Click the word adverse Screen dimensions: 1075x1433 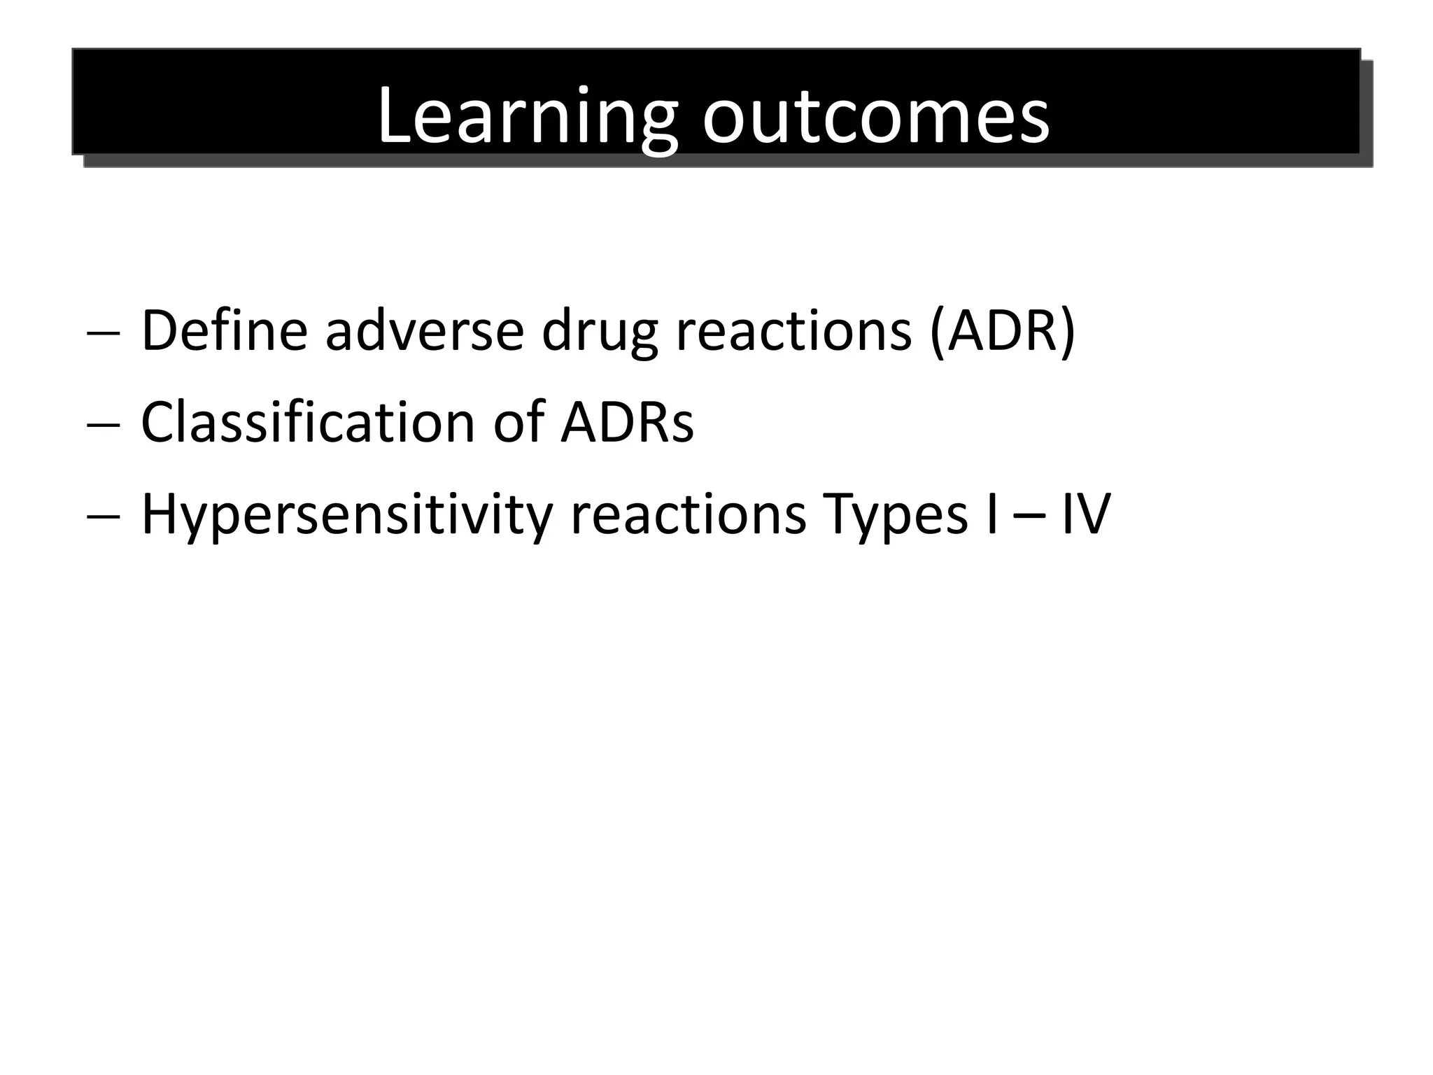[424, 330]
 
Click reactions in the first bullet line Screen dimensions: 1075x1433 [793, 330]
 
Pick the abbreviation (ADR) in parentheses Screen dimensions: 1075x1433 [1002, 330]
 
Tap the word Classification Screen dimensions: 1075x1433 [309, 422]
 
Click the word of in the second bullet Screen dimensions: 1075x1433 [518, 422]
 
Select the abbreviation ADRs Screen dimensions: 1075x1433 [627, 422]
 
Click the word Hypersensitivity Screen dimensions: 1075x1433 [347, 515]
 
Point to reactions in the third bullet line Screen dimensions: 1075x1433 [689, 515]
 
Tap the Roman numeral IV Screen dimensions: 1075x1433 [1085, 515]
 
